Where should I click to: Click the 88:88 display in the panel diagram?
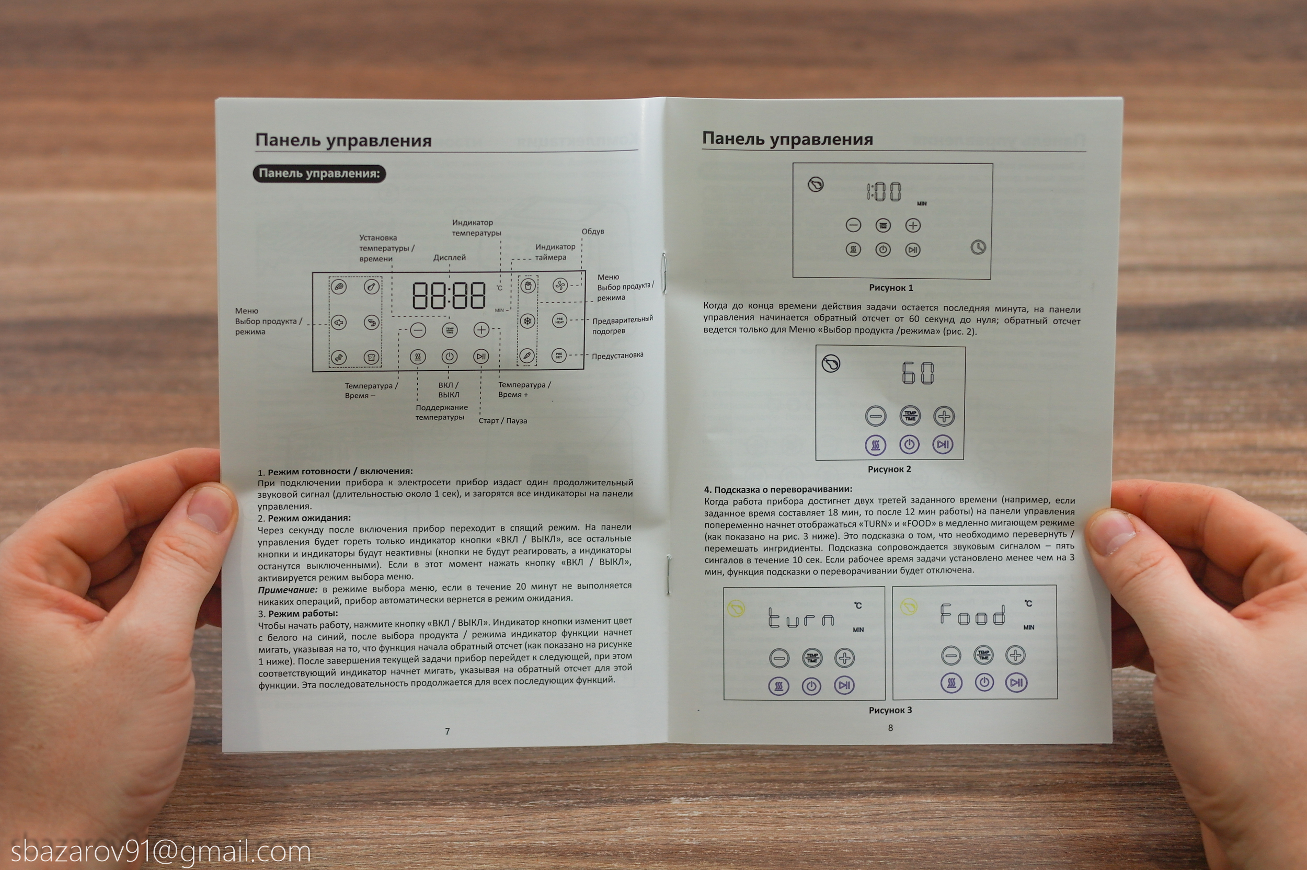(x=449, y=296)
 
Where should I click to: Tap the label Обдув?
(x=592, y=232)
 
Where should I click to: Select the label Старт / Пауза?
(x=502, y=420)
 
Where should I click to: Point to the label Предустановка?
(x=617, y=355)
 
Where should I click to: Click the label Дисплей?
(x=450, y=257)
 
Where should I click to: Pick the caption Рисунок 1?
(x=891, y=288)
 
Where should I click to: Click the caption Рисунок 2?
(x=889, y=469)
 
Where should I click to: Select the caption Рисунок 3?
(x=890, y=709)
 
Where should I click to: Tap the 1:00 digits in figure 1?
(x=884, y=191)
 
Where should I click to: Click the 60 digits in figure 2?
(x=918, y=372)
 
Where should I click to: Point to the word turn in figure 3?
(x=801, y=617)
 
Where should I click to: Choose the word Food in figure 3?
(x=972, y=614)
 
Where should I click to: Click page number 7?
(x=447, y=731)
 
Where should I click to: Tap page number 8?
(x=890, y=727)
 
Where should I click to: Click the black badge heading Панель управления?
(x=319, y=173)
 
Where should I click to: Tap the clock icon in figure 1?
(x=978, y=247)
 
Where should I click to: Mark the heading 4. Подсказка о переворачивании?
(x=778, y=489)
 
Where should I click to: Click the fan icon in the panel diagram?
(x=560, y=285)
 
